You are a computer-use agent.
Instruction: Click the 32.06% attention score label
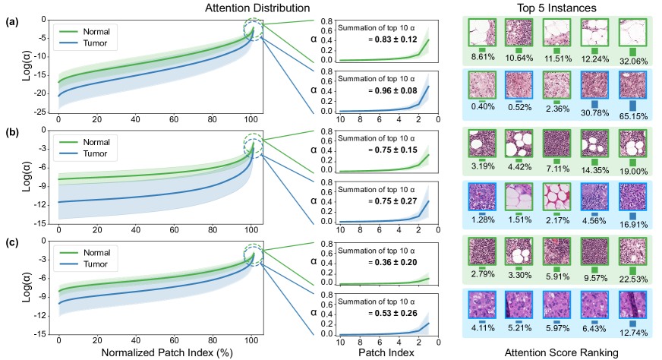tap(635, 57)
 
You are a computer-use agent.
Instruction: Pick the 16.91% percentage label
tap(635, 224)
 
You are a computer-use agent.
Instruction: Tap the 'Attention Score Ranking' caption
tap(553, 352)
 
